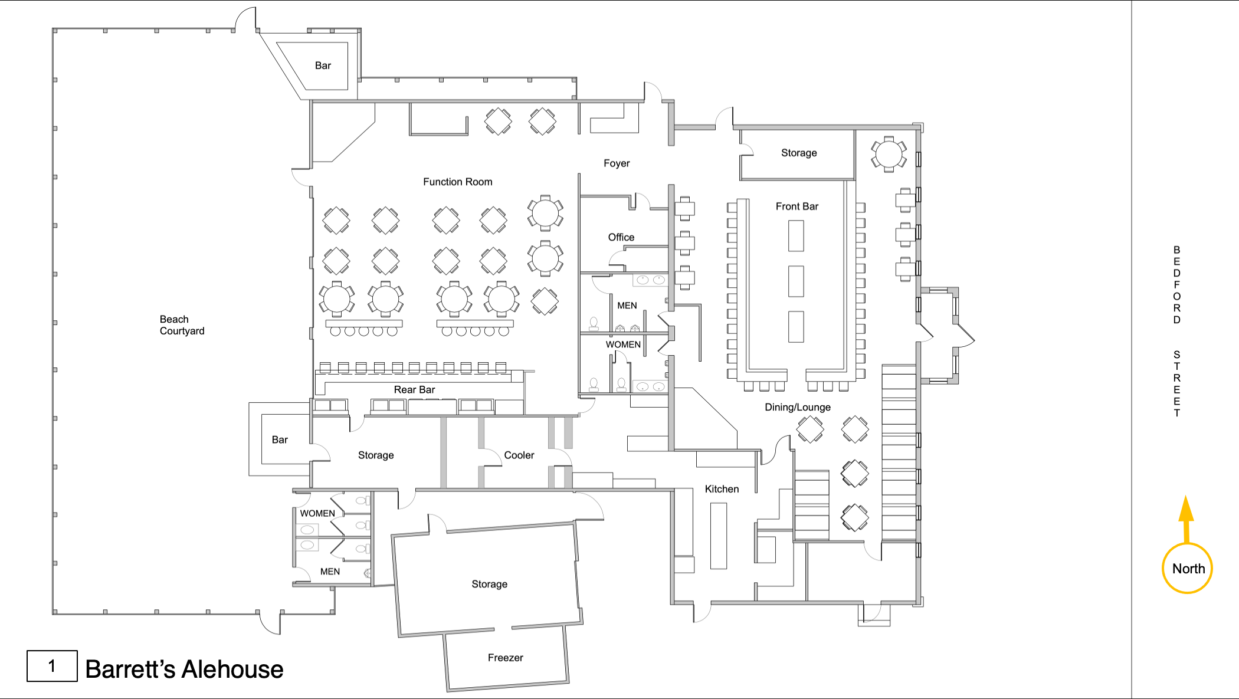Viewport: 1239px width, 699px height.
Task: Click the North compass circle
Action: click(x=1187, y=569)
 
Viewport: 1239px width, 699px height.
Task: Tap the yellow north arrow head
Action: click(x=1186, y=509)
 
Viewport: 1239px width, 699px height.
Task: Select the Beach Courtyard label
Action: click(x=182, y=325)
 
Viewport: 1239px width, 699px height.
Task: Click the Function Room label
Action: click(x=457, y=182)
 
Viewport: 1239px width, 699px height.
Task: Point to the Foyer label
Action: click(x=617, y=163)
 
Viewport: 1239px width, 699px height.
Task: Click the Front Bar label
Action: click(x=796, y=206)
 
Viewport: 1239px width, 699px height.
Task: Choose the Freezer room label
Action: click(x=505, y=658)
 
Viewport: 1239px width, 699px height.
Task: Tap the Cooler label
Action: click(x=519, y=455)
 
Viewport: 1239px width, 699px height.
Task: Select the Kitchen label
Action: click(x=722, y=489)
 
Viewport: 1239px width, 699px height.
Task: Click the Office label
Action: click(x=621, y=237)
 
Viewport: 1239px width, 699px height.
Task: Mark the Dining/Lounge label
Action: click(x=797, y=407)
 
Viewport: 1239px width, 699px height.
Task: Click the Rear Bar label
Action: click(x=414, y=390)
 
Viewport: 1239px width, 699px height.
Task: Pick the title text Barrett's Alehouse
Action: click(x=184, y=670)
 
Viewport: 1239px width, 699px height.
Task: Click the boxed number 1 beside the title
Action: click(x=52, y=667)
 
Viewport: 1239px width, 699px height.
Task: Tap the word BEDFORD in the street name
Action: click(x=1176, y=285)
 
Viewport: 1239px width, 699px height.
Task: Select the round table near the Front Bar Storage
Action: click(x=889, y=155)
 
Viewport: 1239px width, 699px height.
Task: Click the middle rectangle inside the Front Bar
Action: click(x=796, y=281)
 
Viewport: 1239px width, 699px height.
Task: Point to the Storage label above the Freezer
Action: click(x=489, y=584)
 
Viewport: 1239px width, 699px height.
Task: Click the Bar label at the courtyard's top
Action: click(x=323, y=65)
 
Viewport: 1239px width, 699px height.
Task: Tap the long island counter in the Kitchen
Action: click(x=718, y=536)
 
